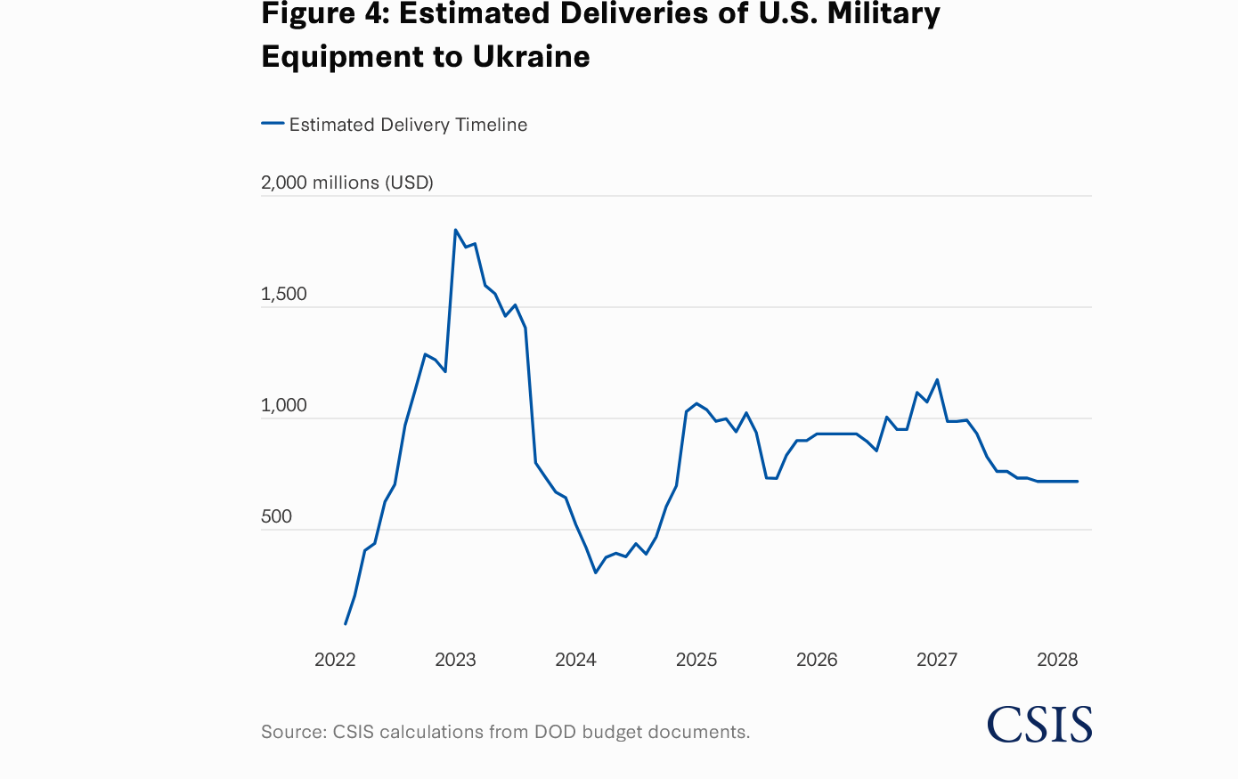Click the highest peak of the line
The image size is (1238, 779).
pos(455,230)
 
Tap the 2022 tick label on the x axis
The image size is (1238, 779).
pos(335,660)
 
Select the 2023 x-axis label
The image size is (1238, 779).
pos(455,660)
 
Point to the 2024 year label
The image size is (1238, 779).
pos(575,660)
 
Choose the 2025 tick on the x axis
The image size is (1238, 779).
pos(696,660)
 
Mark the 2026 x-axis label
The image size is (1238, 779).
pos(817,660)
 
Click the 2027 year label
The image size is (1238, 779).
pos(937,660)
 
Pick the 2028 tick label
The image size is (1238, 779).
pos(1057,660)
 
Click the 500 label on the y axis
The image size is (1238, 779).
pos(276,517)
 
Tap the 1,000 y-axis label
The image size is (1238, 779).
pos(283,406)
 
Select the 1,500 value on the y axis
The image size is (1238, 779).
pos(283,295)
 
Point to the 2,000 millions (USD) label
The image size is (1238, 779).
pos(346,183)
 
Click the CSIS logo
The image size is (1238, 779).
pos(1039,725)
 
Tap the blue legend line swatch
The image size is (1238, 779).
pos(273,124)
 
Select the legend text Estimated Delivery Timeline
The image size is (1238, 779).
pos(408,125)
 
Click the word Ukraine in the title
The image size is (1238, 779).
pos(531,56)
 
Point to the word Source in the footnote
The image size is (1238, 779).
pos(292,732)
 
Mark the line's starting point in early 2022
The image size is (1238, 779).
pos(346,624)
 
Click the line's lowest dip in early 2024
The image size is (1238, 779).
pos(595,572)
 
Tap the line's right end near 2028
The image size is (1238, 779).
pos(1078,482)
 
